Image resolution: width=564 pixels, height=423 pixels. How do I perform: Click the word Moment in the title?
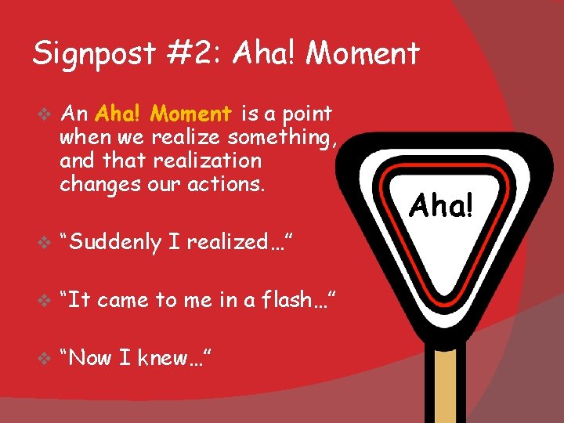tap(363, 54)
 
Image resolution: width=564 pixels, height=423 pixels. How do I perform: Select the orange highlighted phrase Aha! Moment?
tap(163, 114)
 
